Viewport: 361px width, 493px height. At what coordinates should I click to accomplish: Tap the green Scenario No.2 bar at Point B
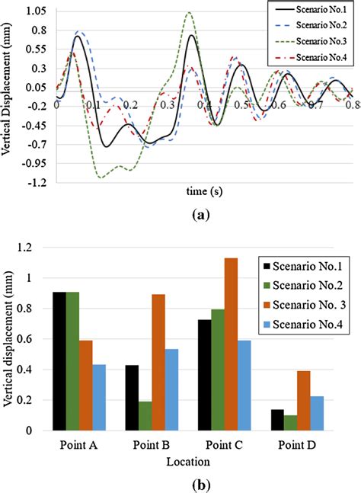coord(145,415)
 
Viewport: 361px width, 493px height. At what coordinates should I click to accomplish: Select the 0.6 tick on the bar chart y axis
coord(30,339)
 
